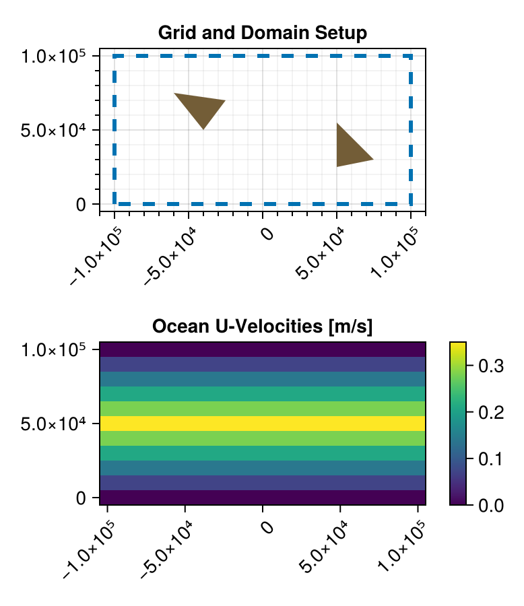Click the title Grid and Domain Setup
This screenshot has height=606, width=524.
pos(262,32)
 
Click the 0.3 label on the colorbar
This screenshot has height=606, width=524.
pos(490,366)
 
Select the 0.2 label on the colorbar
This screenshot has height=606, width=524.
pos(490,413)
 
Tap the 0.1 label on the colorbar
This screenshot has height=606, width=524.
pos(490,459)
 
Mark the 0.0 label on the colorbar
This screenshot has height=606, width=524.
pos(490,504)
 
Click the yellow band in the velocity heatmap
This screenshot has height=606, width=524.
pos(262,424)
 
